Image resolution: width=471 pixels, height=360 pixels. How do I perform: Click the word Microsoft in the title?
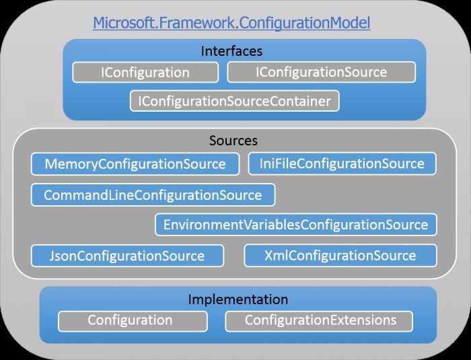coord(120,24)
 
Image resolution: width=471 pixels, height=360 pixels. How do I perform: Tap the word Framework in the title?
coord(183,24)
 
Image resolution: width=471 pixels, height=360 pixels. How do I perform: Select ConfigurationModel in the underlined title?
coord(297,24)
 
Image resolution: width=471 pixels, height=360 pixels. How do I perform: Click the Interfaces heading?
coord(231,51)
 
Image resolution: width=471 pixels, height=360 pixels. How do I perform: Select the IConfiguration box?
coord(145,72)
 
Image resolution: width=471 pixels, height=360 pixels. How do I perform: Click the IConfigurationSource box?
coord(321,72)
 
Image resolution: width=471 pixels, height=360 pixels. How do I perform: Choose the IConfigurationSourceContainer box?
coord(234,101)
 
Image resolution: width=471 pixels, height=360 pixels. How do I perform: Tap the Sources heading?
coord(233,141)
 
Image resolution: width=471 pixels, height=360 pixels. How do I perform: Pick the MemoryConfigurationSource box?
coord(135,164)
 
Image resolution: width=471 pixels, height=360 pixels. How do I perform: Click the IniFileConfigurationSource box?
coord(342,164)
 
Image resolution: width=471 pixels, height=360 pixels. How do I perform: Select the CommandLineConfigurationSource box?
coord(153,195)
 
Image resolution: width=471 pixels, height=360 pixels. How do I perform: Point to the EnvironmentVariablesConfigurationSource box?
coord(295,224)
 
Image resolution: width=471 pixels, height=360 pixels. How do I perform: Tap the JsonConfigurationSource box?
coord(127,256)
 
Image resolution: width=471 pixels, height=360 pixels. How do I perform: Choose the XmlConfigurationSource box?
coord(340,256)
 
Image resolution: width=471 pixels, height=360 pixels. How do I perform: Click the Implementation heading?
coord(238,299)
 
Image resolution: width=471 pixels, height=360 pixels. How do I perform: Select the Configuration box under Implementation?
coord(130,320)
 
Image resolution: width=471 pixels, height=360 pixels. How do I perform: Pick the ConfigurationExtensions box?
coord(320,320)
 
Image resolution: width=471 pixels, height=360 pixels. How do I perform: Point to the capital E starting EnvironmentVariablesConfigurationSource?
coord(167,224)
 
